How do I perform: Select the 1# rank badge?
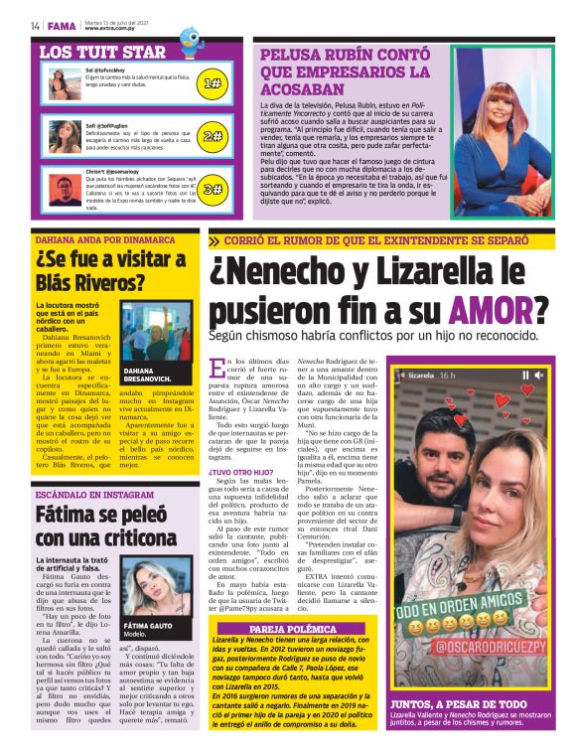pos(211,84)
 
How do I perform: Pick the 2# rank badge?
pos(211,136)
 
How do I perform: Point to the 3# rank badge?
pos(211,188)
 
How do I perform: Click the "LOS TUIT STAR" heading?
pos(102,51)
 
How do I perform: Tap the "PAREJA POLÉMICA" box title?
pos(292,628)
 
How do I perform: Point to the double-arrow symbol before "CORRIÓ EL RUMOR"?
pos(215,240)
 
